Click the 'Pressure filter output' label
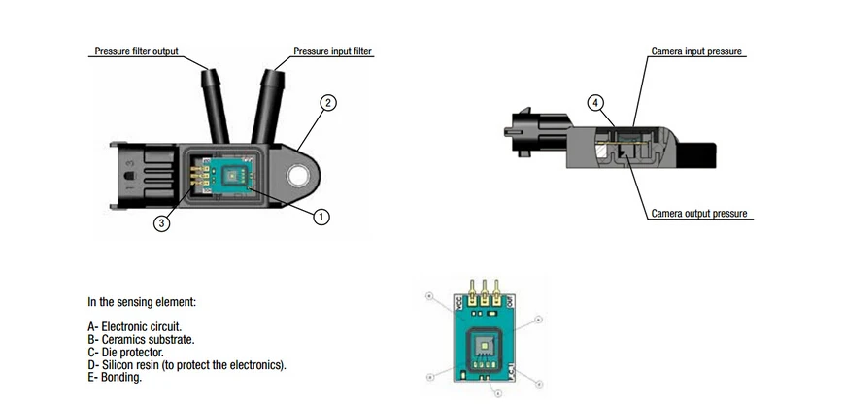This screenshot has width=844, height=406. tap(136, 51)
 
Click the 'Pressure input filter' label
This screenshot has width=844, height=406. tap(333, 51)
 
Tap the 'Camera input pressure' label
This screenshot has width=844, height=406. tap(697, 51)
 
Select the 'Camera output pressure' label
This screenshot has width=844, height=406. tap(698, 214)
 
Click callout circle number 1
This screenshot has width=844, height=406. tap(321, 218)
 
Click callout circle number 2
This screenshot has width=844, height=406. tap(328, 103)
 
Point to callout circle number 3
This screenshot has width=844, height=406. tap(162, 223)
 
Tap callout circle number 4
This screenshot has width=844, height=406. tap(595, 102)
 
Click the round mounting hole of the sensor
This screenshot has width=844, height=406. tap(296, 176)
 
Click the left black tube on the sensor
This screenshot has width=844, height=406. tap(216, 102)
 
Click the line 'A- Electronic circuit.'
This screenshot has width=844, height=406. tap(134, 327)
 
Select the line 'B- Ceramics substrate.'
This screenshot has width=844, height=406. tap(141, 340)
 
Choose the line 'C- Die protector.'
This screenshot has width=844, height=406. tap(125, 353)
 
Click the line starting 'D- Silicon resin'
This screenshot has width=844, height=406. tap(186, 365)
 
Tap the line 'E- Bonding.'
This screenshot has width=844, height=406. tap(115, 378)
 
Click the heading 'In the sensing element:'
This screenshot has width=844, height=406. tap(142, 302)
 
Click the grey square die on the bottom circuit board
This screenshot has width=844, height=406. tap(485, 347)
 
